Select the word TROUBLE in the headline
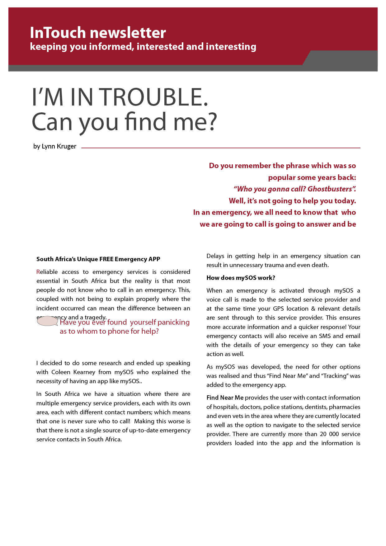[x=154, y=97]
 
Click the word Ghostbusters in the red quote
[x=330, y=189]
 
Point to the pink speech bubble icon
[x=47, y=321]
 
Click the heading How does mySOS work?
[x=241, y=278]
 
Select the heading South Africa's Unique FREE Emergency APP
[x=98, y=259]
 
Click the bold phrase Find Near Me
[x=225, y=398]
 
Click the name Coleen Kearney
[x=73, y=372]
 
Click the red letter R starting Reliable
[x=38, y=272]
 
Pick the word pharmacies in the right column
[x=344, y=407]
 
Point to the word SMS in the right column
[x=325, y=336]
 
